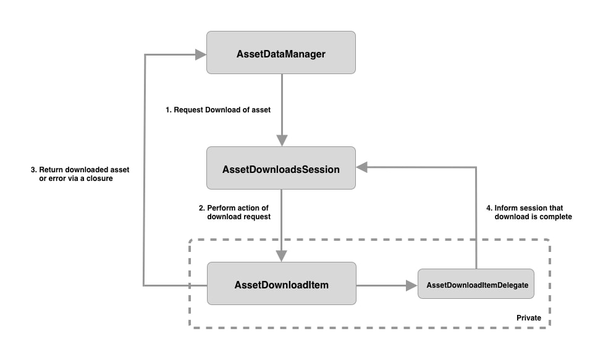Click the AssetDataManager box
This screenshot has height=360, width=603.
(x=280, y=53)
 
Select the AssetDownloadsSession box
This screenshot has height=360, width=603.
(x=280, y=168)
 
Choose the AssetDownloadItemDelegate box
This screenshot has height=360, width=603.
(x=477, y=285)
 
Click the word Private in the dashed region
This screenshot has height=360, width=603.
(x=528, y=318)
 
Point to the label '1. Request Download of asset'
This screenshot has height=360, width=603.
(x=217, y=110)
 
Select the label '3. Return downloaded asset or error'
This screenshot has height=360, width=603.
(x=80, y=174)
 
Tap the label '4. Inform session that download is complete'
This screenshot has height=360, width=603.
(x=528, y=212)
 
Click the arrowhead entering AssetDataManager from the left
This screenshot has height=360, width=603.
(x=200, y=54)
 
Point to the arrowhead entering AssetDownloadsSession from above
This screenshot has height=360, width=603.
(x=282, y=141)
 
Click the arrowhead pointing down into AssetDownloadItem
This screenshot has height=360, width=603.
(x=282, y=256)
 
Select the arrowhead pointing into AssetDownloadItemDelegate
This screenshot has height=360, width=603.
(x=411, y=285)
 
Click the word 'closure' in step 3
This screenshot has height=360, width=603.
(x=99, y=179)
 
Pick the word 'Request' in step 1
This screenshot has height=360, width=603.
(x=188, y=110)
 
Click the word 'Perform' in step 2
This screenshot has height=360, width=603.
(x=221, y=207)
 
